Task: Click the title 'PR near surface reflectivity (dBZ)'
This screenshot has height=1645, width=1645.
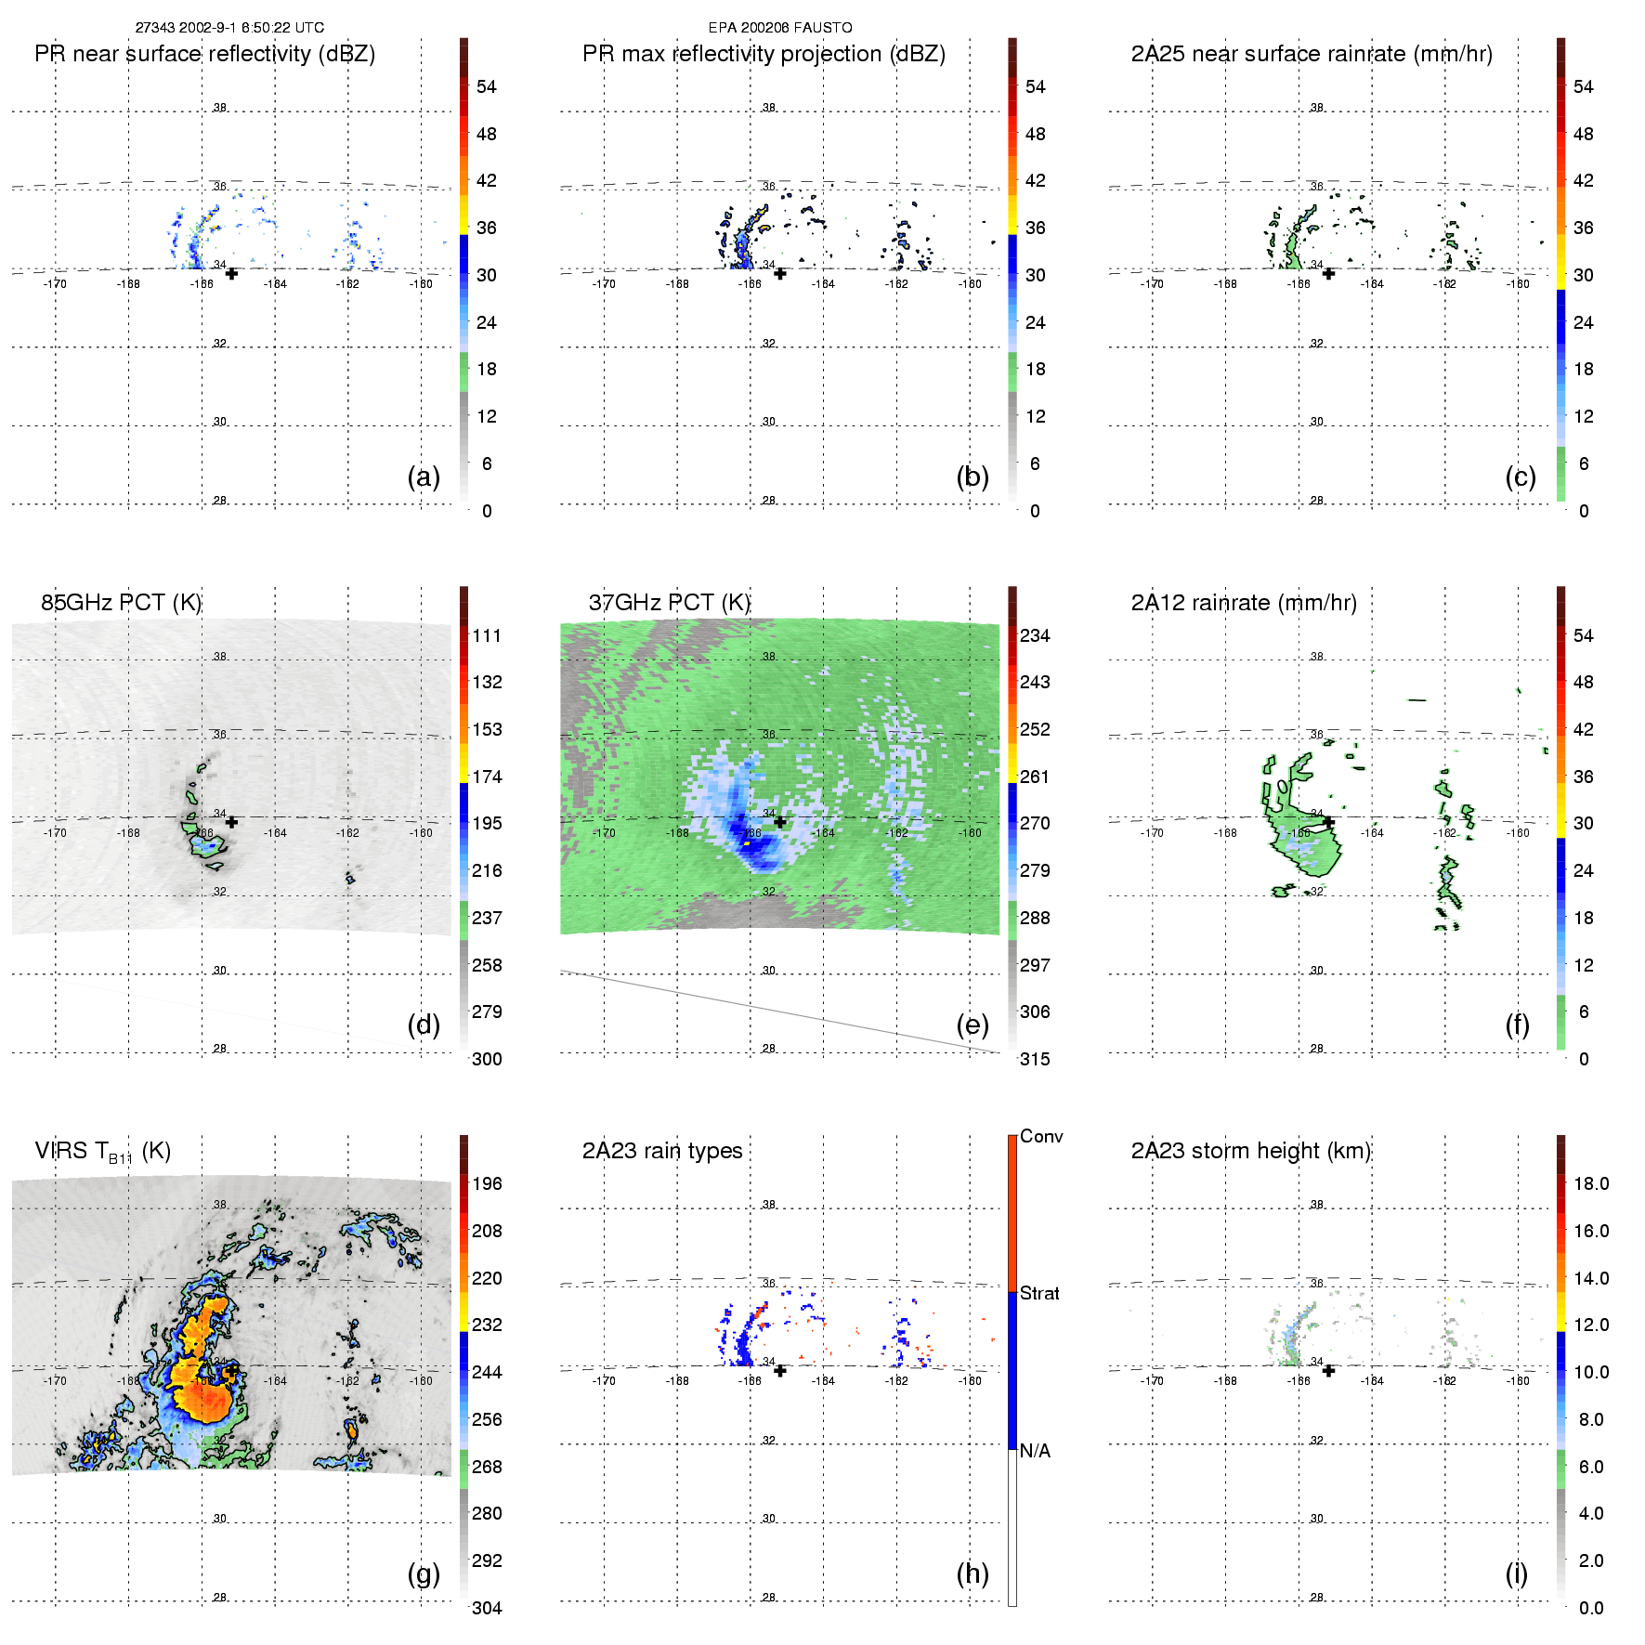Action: (x=204, y=54)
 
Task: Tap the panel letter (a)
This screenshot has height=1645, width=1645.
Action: (x=424, y=477)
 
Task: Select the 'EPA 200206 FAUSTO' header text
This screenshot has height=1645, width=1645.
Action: (x=780, y=28)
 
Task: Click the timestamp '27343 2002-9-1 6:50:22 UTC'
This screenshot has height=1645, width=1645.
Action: (x=229, y=28)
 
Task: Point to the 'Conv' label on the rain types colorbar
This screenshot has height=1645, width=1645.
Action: (x=1040, y=1136)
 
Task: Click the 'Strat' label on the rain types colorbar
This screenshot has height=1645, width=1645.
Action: (x=1039, y=1293)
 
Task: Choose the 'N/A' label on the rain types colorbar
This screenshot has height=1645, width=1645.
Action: (x=1035, y=1451)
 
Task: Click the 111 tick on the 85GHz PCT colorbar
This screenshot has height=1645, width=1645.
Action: (x=487, y=635)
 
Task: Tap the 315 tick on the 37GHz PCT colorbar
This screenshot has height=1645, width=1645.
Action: (x=1035, y=1059)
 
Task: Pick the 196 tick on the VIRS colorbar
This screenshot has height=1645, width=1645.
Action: (x=487, y=1183)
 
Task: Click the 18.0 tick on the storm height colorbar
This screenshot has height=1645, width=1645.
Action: (x=1591, y=1183)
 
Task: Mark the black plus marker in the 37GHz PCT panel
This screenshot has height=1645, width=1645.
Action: (x=780, y=822)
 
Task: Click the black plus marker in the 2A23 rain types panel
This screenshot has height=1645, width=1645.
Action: (x=780, y=1370)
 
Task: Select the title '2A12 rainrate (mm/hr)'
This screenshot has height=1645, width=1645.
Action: (x=1244, y=603)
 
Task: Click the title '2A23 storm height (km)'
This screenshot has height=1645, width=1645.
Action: (x=1250, y=1151)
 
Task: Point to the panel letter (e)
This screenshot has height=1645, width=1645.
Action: (x=972, y=1025)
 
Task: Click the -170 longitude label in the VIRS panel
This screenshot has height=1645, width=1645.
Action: (x=55, y=1381)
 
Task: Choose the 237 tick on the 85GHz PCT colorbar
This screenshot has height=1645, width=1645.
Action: (x=487, y=918)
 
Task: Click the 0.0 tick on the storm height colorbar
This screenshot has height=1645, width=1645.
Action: (x=1591, y=1608)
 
